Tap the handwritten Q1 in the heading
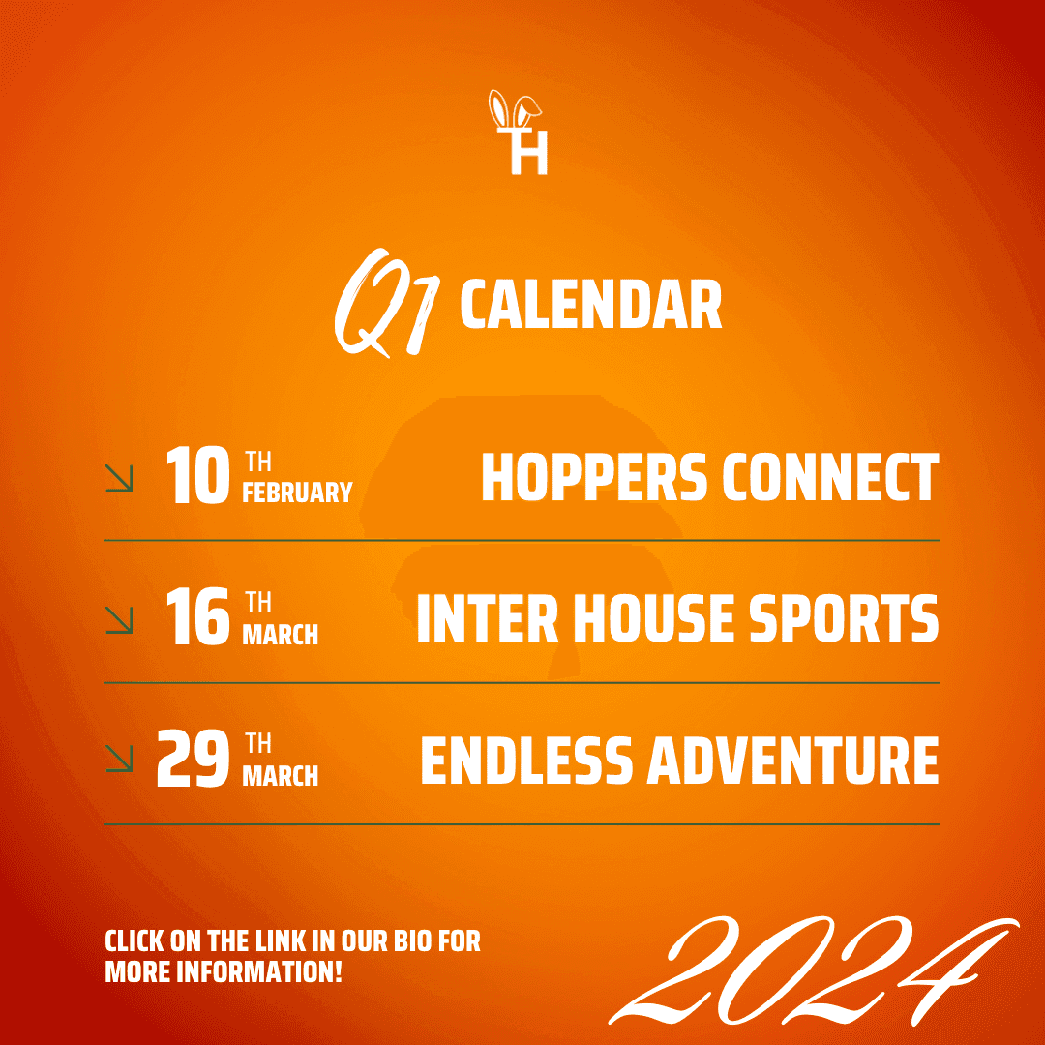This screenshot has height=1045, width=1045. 386,303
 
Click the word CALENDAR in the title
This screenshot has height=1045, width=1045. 591,304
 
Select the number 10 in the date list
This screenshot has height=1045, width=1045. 197,475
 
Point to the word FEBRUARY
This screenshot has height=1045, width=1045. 297,492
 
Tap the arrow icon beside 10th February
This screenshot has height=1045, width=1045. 119,478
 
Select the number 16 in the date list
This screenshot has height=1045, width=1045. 197,616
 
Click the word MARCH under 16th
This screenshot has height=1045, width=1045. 280,635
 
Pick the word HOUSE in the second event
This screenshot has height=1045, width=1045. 653,617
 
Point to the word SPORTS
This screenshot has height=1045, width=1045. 845,617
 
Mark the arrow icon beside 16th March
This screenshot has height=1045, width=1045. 119,620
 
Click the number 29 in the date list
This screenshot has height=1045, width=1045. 194,759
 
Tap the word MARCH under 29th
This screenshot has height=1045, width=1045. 280,776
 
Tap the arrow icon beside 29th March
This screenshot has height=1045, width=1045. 119,759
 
